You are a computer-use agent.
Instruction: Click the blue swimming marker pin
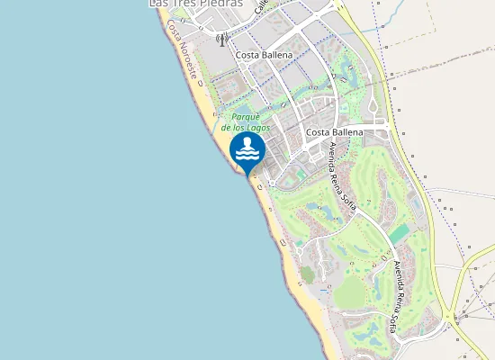247,151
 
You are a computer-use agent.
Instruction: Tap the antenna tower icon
222,40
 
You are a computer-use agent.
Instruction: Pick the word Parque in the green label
246,117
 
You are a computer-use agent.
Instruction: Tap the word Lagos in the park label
256,128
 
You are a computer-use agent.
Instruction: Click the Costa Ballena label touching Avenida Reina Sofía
334,132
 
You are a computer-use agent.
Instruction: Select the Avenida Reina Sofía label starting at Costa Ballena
343,176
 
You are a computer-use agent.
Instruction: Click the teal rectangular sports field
398,233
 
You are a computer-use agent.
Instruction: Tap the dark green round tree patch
308,273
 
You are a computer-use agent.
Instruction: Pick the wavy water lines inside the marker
247,155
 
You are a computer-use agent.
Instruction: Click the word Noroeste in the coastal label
186,67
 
